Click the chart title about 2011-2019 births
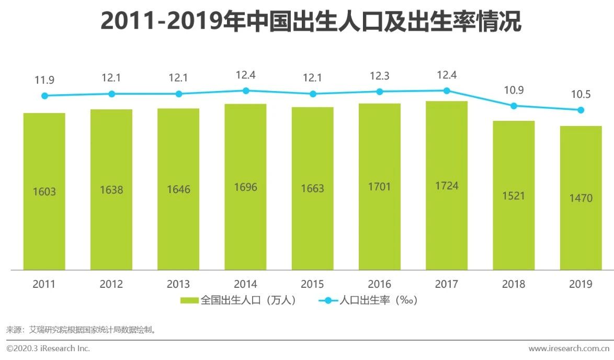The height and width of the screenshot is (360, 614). [x=311, y=22]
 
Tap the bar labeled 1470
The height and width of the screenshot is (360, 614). [x=581, y=220]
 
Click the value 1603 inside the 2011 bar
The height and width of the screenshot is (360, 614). [x=44, y=192]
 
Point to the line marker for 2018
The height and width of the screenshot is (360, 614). [x=514, y=106]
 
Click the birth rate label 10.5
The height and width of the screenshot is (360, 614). [x=581, y=95]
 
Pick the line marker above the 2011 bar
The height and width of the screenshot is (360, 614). [x=44, y=96]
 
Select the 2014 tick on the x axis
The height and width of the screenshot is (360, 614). [x=245, y=284]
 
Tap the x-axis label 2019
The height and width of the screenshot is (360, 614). [x=581, y=284]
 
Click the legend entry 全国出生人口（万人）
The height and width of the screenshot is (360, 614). [x=239, y=300]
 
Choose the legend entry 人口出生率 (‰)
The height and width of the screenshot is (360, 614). [x=369, y=300]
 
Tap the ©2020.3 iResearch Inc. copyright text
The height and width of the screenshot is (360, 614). [x=48, y=348]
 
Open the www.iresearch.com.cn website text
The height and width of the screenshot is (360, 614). [x=569, y=348]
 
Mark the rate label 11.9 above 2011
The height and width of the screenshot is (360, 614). [x=44, y=81]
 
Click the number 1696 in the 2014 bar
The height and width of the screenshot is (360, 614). [x=245, y=187]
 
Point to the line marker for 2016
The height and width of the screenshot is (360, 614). [x=380, y=92]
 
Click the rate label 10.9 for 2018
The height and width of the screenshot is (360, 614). [x=514, y=91]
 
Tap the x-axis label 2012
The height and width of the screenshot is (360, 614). [x=111, y=284]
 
